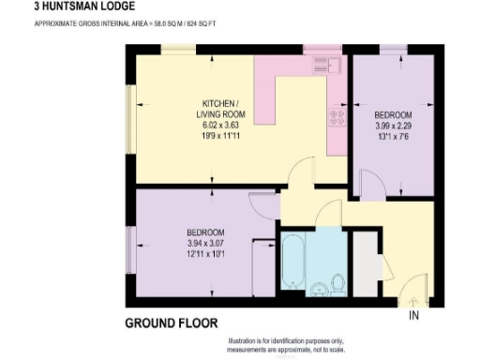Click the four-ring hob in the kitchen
(337, 118)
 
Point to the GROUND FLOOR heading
(171, 323)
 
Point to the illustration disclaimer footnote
(289, 346)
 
